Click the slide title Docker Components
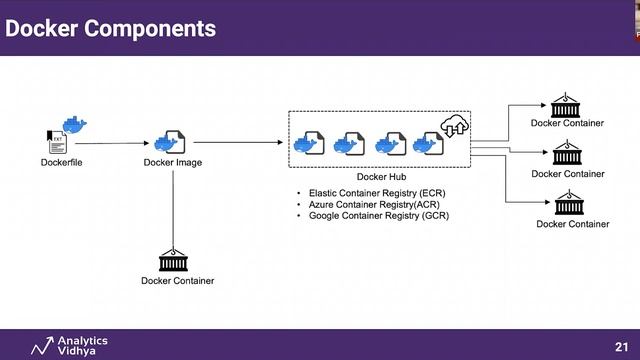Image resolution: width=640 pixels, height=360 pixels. pyautogui.click(x=110, y=28)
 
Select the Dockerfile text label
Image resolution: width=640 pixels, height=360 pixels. pyautogui.click(x=61, y=162)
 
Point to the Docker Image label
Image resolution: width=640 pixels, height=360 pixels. pyautogui.click(x=173, y=162)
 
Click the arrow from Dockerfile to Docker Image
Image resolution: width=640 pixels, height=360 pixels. pyautogui.click(x=118, y=143)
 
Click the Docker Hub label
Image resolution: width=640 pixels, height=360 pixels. pyautogui.click(x=380, y=177)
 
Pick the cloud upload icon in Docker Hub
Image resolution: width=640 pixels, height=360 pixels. pyautogui.click(x=456, y=127)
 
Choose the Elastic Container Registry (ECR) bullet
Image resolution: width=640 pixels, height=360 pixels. pyautogui.click(x=376, y=192)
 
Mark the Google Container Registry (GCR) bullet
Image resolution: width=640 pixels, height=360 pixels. pyautogui.click(x=378, y=215)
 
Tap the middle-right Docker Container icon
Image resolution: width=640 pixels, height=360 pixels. pyautogui.click(x=567, y=155)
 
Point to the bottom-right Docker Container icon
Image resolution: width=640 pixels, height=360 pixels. pyautogui.click(x=571, y=205)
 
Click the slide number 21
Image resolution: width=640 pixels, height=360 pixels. pyautogui.click(x=620, y=345)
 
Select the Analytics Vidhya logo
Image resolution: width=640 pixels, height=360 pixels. pyautogui.click(x=69, y=345)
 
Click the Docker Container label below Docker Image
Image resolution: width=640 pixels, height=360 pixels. pyautogui.click(x=177, y=281)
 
